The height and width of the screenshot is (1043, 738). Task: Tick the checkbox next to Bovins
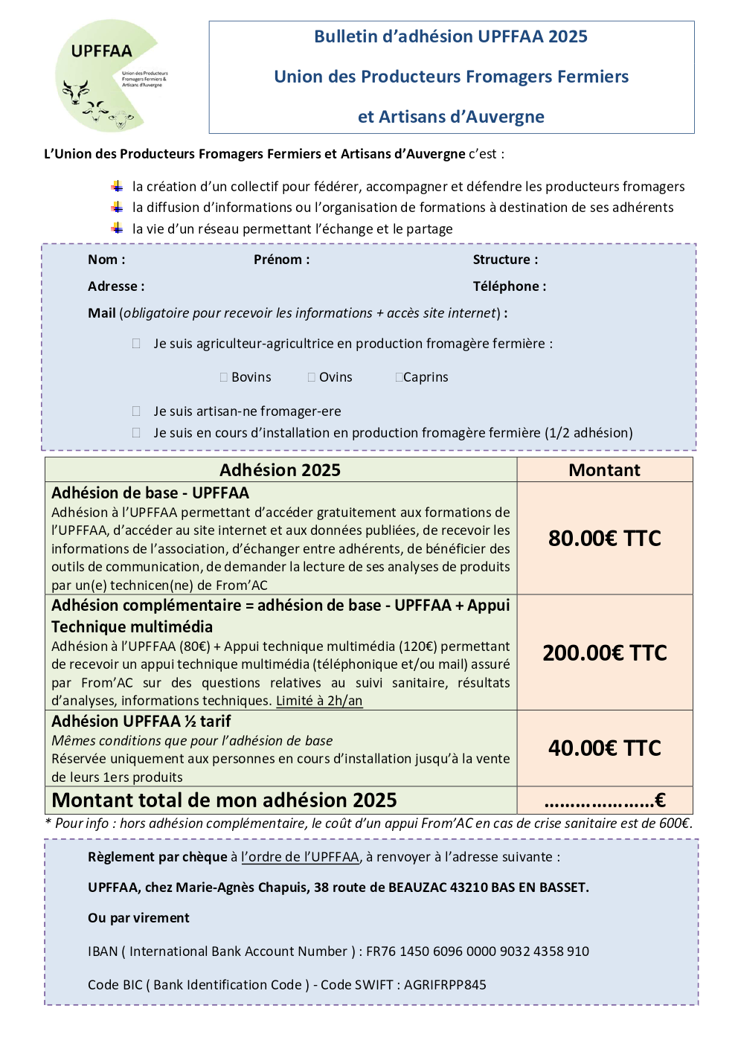pyautogui.click(x=224, y=378)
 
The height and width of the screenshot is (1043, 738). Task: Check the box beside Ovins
pyautogui.click(x=312, y=378)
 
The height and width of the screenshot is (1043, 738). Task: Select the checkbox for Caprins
pyautogui.click(x=400, y=378)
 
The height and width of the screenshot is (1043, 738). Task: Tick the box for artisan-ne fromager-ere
pyautogui.click(x=136, y=411)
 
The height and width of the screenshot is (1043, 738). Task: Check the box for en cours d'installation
pyautogui.click(x=136, y=433)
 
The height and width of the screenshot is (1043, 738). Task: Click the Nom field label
pyautogui.click(x=106, y=260)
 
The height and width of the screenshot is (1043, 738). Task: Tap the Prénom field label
pyautogui.click(x=281, y=260)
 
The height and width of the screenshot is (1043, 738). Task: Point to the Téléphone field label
pyautogui.click(x=510, y=286)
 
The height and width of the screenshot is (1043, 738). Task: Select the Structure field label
pyautogui.click(x=505, y=260)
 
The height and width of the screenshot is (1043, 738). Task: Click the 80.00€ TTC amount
pyautogui.click(x=605, y=539)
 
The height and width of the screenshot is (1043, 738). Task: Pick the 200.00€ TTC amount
pyautogui.click(x=605, y=653)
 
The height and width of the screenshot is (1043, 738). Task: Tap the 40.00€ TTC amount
pyautogui.click(x=605, y=748)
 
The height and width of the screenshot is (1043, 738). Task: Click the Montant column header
pyautogui.click(x=604, y=470)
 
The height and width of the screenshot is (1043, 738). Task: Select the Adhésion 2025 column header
pyautogui.click(x=280, y=470)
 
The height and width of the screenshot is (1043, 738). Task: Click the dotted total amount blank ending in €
pyautogui.click(x=604, y=801)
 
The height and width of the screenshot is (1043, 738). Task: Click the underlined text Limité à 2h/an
pyautogui.click(x=319, y=701)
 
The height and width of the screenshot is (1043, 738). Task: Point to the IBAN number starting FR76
pyautogui.click(x=478, y=951)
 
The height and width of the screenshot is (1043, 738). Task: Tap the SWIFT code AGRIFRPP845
pyautogui.click(x=445, y=985)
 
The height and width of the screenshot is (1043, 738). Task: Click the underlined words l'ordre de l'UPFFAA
pyautogui.click(x=301, y=857)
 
